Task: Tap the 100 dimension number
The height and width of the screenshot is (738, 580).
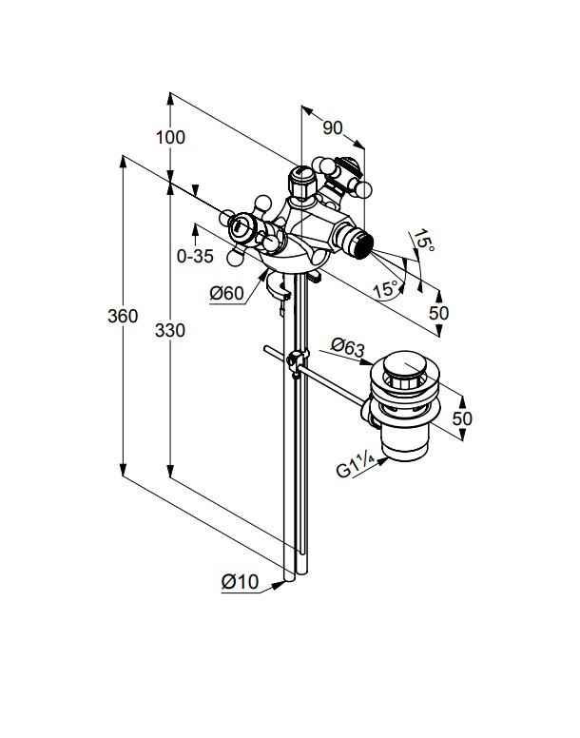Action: pos(170,136)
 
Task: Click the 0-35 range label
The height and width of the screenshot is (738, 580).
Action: pos(195,255)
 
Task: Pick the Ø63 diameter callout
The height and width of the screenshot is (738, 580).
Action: pos(347,348)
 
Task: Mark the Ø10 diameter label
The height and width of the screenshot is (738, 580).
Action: pos(240,583)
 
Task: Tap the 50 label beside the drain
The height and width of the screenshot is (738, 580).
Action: pos(461,418)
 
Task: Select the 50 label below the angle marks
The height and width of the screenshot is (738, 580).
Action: pos(438,312)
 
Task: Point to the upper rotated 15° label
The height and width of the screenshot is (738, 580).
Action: pos(423,243)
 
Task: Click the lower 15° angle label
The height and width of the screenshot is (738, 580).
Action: pos(384,290)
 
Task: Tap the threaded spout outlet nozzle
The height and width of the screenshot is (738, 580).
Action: pos(359,243)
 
